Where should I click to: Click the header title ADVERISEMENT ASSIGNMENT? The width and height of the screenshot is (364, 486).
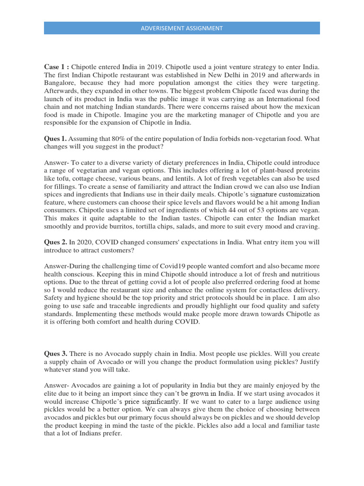[182, 28]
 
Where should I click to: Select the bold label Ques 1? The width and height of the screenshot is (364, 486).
[55, 139]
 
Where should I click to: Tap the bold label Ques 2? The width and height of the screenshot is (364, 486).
[55, 242]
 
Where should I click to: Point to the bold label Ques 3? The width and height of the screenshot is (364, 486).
[55, 354]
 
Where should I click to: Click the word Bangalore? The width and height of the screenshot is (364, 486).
[61, 82]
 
